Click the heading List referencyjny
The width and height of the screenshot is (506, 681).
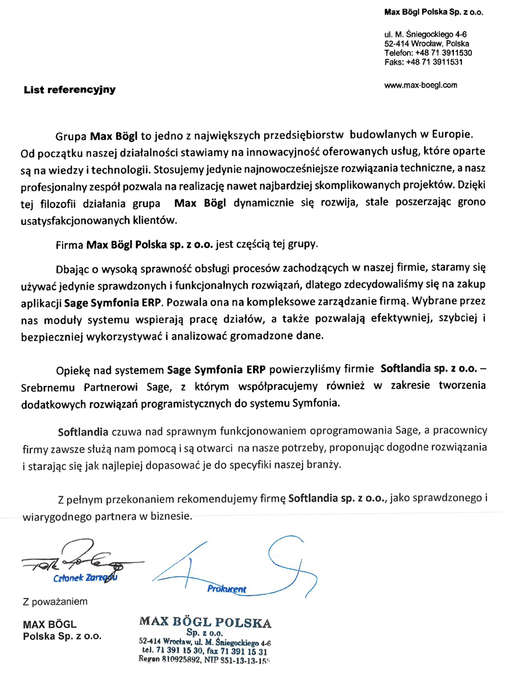pyautogui.click(x=69, y=90)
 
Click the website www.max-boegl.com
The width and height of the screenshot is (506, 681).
pyautogui.click(x=420, y=85)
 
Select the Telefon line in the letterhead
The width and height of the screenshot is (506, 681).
pyautogui.click(x=428, y=53)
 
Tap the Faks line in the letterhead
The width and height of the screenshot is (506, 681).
pyautogui.click(x=423, y=62)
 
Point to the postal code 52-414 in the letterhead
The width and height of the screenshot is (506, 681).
pyautogui.click(x=396, y=44)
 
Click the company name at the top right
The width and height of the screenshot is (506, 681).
pyautogui.click(x=433, y=12)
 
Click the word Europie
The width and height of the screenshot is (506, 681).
pyautogui.click(x=452, y=134)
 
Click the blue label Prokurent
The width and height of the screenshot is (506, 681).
pyautogui.click(x=226, y=589)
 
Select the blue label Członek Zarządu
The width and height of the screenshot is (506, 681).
pyautogui.click(x=85, y=578)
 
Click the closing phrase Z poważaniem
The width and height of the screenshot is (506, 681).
pyautogui.click(x=55, y=602)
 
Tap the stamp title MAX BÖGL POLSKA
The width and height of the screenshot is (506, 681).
pyautogui.click(x=205, y=622)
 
